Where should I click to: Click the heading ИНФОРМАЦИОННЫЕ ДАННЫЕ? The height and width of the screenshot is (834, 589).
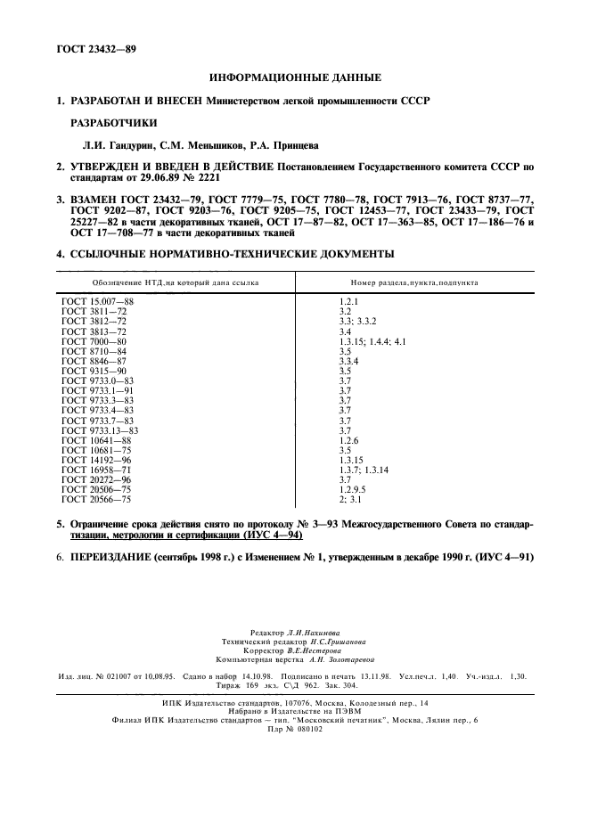click(x=295, y=78)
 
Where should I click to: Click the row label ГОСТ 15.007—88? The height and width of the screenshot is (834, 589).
click(x=97, y=302)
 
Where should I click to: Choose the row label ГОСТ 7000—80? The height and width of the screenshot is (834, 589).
click(x=94, y=341)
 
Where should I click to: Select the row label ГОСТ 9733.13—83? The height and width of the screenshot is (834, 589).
click(x=100, y=429)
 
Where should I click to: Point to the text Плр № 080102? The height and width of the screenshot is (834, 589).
click(x=295, y=727)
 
